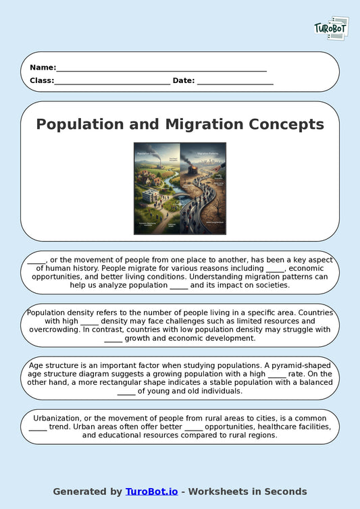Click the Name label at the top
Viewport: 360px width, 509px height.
coord(42,68)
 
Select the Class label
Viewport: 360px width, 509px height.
coord(41,80)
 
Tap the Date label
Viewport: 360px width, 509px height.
coord(184,80)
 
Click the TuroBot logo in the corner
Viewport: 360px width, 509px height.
coord(331,28)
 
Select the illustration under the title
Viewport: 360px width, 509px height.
coord(180,188)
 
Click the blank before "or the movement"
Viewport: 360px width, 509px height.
coord(36,259)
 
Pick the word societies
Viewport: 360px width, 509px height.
coord(267,285)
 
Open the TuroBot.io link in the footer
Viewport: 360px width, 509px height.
coord(151,491)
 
